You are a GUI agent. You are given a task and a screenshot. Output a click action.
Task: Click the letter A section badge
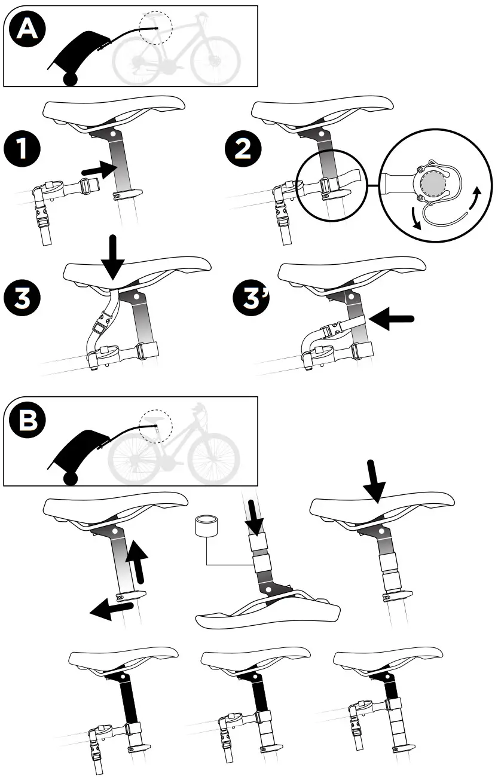tap(26, 30)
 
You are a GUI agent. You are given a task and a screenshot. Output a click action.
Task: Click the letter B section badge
tap(26, 421)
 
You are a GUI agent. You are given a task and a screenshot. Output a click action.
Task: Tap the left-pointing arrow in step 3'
tap(391, 319)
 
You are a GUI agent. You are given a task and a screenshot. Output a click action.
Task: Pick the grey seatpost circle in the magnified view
tap(432, 183)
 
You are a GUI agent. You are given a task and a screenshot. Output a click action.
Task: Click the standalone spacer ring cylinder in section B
tap(206, 528)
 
